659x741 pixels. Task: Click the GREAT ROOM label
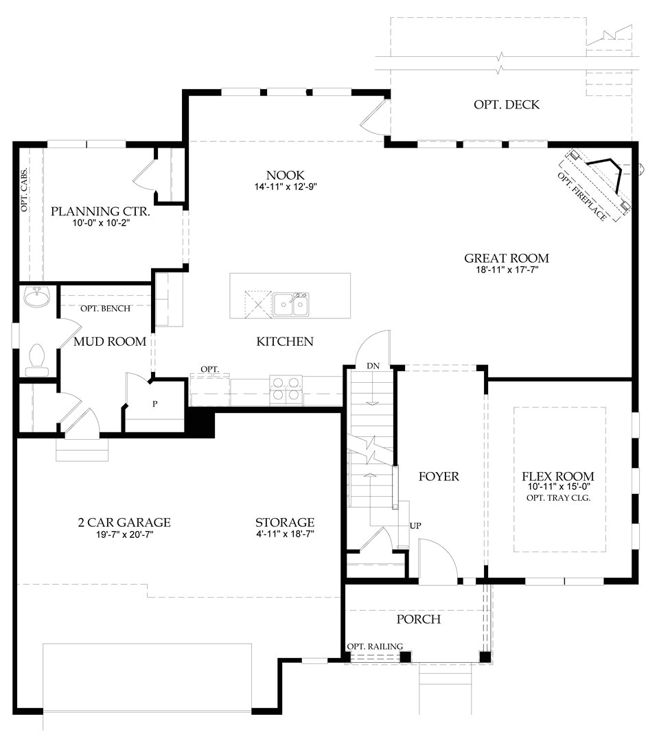coord(507,259)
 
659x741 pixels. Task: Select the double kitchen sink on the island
coord(291,304)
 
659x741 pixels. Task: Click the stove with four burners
coord(286,389)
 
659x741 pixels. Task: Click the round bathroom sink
coord(36,298)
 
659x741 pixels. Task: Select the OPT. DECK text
coord(507,105)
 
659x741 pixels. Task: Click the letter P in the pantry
coord(155,403)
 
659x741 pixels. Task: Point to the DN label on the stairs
coord(373,366)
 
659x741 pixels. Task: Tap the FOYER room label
coord(438,476)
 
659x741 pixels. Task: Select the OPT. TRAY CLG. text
coord(557,498)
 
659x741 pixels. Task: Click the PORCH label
coord(418,620)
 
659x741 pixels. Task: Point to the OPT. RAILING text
coord(375,646)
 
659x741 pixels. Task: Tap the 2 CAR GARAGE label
coord(124,523)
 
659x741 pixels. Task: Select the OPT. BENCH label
coord(105,309)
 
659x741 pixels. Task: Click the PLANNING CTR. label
coord(100,211)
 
